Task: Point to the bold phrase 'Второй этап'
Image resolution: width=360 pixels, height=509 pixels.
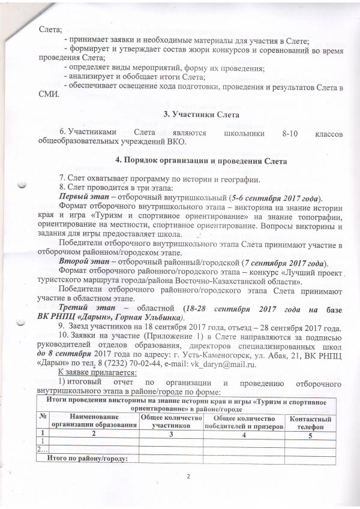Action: point(85,263)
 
